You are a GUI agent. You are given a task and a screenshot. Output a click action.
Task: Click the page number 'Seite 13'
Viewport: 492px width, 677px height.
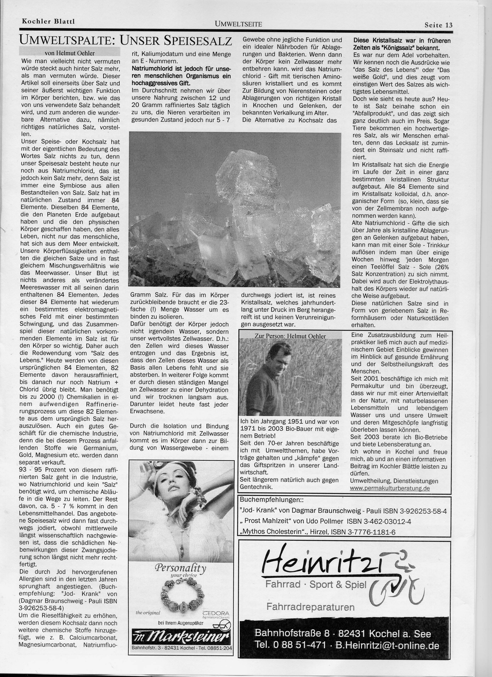point(438,25)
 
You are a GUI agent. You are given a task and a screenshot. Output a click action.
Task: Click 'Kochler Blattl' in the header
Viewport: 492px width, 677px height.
point(48,21)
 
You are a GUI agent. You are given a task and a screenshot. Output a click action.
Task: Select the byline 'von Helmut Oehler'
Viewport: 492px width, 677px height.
point(70,53)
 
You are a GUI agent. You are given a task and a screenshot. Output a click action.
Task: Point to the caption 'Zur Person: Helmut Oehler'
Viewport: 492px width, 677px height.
point(290,336)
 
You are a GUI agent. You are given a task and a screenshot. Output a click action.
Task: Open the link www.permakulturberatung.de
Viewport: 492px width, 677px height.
point(390,488)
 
